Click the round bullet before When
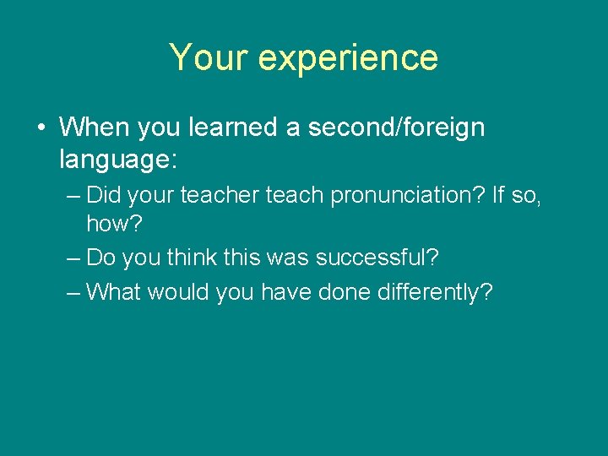(x=41, y=128)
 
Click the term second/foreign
(x=395, y=128)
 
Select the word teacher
(x=224, y=196)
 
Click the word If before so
(x=498, y=196)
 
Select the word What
(x=116, y=292)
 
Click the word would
(x=181, y=292)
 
